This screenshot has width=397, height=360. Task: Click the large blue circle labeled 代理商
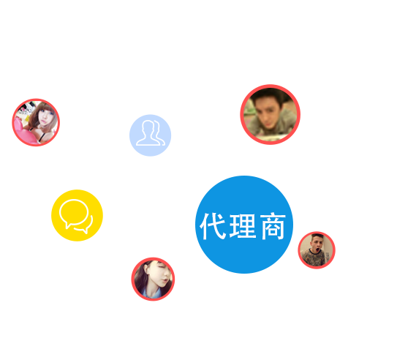click(x=244, y=225)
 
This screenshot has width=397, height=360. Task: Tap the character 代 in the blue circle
click(x=213, y=226)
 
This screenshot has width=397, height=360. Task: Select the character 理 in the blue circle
click(x=243, y=226)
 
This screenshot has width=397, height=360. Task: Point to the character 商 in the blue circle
click(x=273, y=226)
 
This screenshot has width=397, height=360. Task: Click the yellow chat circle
click(x=77, y=215)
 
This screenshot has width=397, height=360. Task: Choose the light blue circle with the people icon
click(x=150, y=135)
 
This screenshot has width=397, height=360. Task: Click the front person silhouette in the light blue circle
click(x=148, y=133)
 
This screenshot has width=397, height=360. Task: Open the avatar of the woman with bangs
click(x=36, y=122)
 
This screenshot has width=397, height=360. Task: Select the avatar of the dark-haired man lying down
click(x=271, y=114)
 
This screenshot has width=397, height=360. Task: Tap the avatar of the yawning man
click(x=317, y=250)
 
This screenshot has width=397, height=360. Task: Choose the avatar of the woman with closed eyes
click(x=153, y=280)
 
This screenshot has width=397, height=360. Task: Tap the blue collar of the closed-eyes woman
click(x=151, y=293)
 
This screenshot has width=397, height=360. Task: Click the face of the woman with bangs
click(x=45, y=117)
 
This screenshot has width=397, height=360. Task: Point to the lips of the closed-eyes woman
click(x=165, y=280)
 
